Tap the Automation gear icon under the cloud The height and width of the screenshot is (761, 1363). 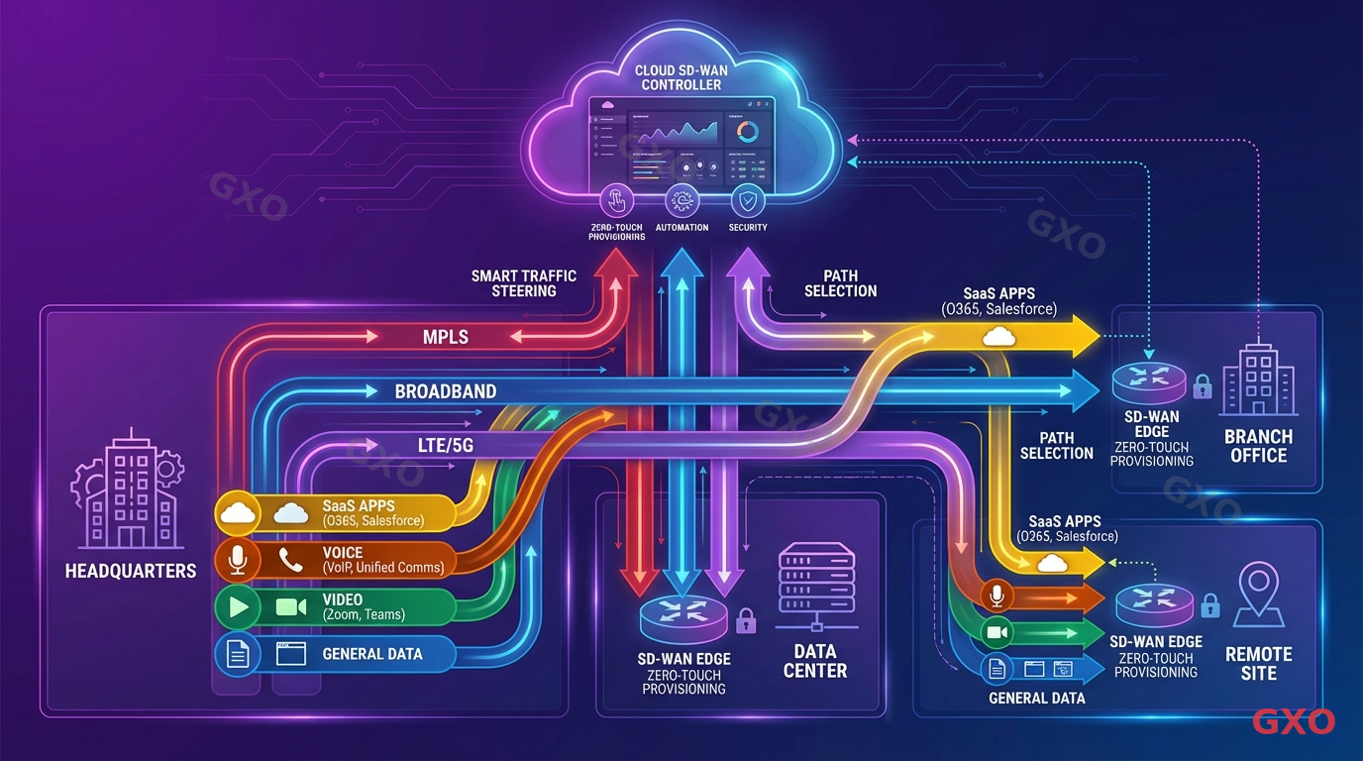pos(681,201)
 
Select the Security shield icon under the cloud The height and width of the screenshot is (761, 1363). pos(747,201)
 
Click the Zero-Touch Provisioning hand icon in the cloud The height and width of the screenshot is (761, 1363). pos(616,201)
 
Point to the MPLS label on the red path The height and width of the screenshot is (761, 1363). pos(445,338)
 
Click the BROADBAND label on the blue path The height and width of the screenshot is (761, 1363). pos(445,391)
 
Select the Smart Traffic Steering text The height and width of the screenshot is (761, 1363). pos(524,283)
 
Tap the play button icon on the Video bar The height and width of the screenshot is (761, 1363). pos(238,606)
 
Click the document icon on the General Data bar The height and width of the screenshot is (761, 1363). pos(238,654)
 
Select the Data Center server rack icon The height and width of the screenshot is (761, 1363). pos(816,585)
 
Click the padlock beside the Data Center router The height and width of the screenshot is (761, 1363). pos(746,621)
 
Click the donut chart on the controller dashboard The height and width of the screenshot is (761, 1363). pos(748,132)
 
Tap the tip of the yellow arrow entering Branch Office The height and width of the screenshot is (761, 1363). pos(1099,338)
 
